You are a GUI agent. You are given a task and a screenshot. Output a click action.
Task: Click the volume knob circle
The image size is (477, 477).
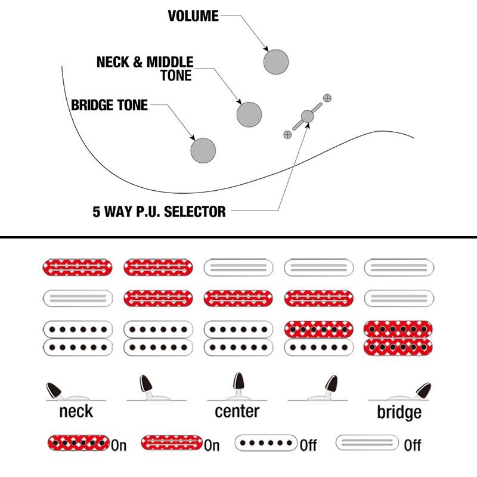point(276,61)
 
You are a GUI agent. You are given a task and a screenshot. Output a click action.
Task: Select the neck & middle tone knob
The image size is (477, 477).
point(249,114)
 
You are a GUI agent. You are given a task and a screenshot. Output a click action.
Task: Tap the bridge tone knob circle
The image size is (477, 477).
point(203,150)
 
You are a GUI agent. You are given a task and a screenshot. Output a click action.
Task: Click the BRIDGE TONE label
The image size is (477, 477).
point(109,106)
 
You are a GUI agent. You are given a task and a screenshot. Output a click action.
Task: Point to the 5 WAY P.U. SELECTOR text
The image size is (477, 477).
point(159,212)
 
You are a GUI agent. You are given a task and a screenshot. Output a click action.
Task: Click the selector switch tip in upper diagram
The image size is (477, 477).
point(307,116)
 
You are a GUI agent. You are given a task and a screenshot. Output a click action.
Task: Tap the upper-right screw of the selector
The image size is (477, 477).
point(327,97)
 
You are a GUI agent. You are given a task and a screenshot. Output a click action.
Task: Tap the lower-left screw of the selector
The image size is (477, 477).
point(287,135)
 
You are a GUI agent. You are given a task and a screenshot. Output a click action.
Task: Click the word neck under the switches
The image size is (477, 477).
point(76,411)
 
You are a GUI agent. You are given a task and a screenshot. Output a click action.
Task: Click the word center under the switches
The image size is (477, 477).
point(237,411)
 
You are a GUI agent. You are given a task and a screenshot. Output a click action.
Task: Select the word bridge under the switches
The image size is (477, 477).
point(399,412)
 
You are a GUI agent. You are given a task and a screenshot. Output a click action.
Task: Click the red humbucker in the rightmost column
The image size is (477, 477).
point(398,337)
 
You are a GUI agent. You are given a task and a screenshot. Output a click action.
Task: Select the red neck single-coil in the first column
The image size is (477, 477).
point(78,267)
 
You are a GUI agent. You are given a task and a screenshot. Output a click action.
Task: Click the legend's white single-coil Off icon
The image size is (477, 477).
point(367,443)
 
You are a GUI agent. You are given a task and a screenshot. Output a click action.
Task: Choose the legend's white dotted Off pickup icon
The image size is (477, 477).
point(266,443)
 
